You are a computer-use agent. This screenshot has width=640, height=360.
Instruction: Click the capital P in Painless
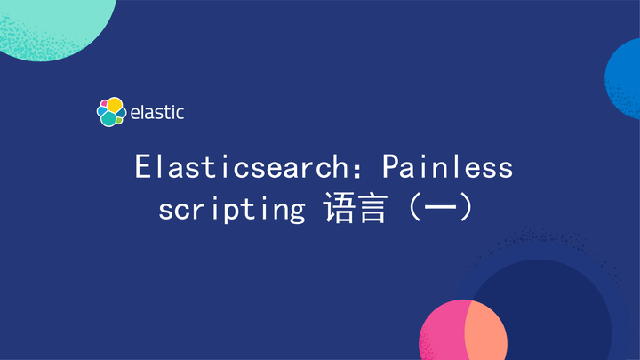pyautogui.click(x=389, y=167)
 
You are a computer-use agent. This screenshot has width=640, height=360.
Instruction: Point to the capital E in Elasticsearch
pyautogui.click(x=142, y=167)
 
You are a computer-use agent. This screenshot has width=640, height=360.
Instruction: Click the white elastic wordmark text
pyautogui.click(x=157, y=112)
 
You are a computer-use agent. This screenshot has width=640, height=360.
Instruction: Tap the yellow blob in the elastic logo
pyautogui.click(x=114, y=105)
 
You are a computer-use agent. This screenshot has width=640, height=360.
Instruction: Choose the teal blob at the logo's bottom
pyautogui.click(x=108, y=118)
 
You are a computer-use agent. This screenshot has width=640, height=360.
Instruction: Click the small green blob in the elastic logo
pyautogui.click(x=120, y=114)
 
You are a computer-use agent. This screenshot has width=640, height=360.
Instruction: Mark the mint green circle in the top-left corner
pyautogui.click(x=53, y=22)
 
